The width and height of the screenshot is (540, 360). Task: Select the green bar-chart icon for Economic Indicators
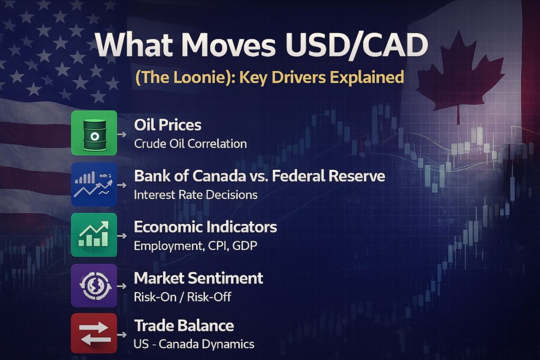(94, 235)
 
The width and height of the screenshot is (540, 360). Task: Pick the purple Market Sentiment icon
(94, 285)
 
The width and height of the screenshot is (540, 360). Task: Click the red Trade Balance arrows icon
(94, 334)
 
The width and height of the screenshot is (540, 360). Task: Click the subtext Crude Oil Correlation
(190, 143)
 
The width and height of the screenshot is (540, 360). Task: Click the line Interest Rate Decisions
(196, 194)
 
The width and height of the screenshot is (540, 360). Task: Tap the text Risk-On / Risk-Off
(182, 297)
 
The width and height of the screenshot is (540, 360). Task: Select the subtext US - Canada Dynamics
(194, 345)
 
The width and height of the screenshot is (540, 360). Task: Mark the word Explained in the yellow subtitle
(366, 77)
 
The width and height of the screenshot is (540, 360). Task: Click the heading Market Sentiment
(199, 278)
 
